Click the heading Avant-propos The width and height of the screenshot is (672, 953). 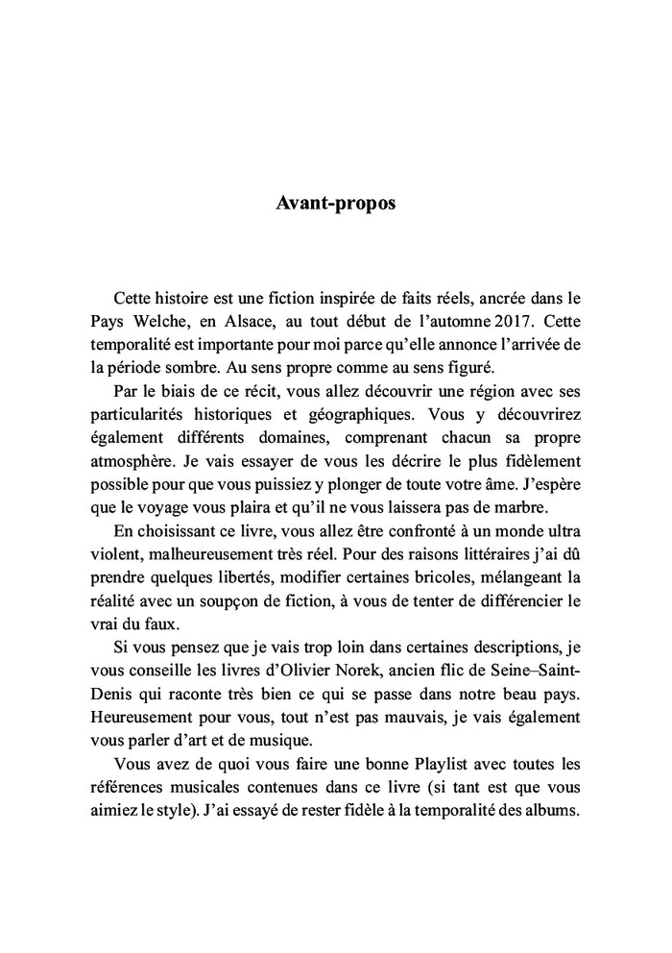click(x=335, y=204)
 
